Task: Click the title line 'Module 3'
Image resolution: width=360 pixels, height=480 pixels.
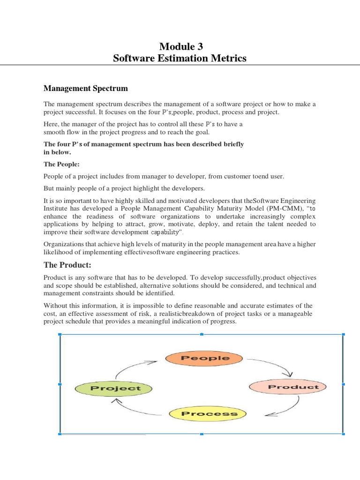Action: (x=180, y=46)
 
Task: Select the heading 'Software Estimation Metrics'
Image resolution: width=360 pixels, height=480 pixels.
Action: (x=180, y=59)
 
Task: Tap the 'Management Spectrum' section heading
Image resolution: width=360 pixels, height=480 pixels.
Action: (x=86, y=88)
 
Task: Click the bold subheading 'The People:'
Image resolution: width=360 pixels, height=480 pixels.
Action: (x=62, y=164)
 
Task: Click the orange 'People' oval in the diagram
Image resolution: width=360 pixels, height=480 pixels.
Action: (x=204, y=359)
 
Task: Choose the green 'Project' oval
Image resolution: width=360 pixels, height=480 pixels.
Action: (x=115, y=388)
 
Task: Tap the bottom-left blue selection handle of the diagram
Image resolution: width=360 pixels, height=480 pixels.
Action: (x=60, y=434)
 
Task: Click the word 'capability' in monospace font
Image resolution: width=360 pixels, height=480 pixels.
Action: (x=165, y=232)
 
